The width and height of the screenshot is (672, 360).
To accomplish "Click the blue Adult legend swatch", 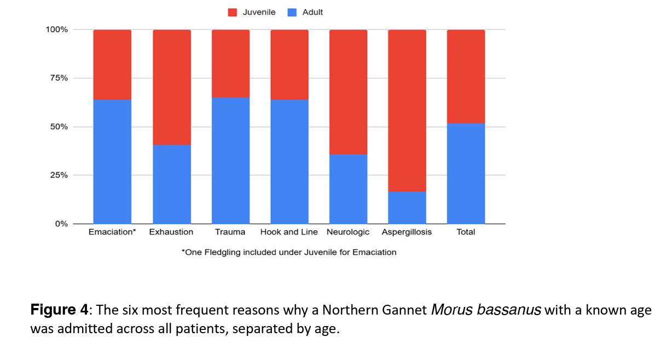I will [x=292, y=12].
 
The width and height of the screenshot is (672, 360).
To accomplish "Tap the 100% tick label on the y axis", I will [x=57, y=30].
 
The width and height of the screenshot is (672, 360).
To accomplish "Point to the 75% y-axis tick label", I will [x=59, y=78].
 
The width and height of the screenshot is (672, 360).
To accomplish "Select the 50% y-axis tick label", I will [x=59, y=127].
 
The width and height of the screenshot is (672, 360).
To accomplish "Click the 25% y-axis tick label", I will [x=59, y=176].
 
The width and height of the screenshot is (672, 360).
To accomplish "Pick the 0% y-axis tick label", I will [x=61, y=224].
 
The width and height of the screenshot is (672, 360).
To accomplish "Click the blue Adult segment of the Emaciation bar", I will [x=112, y=161].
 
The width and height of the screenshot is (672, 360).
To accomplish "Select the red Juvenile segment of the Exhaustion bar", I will [x=171, y=88].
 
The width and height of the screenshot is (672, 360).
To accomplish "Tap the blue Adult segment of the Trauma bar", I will [x=230, y=160].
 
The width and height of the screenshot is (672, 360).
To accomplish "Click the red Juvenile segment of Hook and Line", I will [x=289, y=65].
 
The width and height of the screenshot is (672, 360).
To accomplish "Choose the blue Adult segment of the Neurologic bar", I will [x=348, y=189].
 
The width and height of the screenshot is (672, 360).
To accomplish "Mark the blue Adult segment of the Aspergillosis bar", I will [x=407, y=207].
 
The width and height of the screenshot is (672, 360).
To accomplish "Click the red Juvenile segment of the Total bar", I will [x=466, y=77].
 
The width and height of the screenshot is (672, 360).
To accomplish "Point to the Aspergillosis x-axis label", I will [x=407, y=232].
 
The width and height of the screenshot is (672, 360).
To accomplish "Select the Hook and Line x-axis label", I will [x=289, y=232].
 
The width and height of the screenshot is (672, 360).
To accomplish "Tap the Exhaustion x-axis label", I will [x=171, y=232].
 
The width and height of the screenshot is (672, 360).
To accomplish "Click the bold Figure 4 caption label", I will [x=59, y=310].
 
